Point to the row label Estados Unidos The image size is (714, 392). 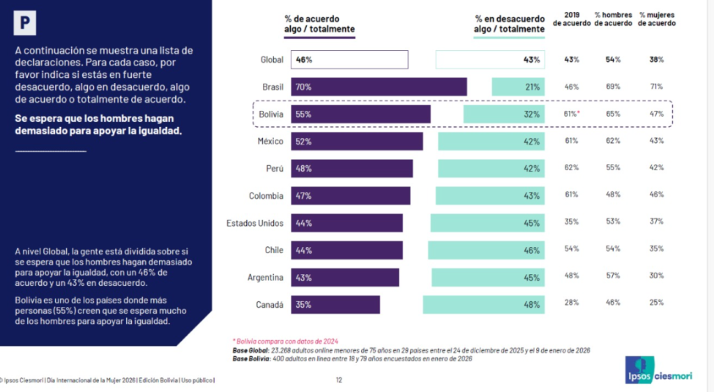(x=255, y=223)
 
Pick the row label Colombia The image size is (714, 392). (x=266, y=196)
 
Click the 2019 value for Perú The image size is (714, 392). (x=572, y=168)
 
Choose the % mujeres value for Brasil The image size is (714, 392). (x=655, y=87)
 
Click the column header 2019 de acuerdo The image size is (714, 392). (x=572, y=19)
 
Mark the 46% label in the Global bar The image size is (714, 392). (x=304, y=60)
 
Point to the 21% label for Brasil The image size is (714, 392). (x=533, y=87)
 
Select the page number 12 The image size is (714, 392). (x=339, y=381)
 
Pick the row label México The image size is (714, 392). (x=271, y=142)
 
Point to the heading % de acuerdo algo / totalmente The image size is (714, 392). (x=319, y=24)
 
